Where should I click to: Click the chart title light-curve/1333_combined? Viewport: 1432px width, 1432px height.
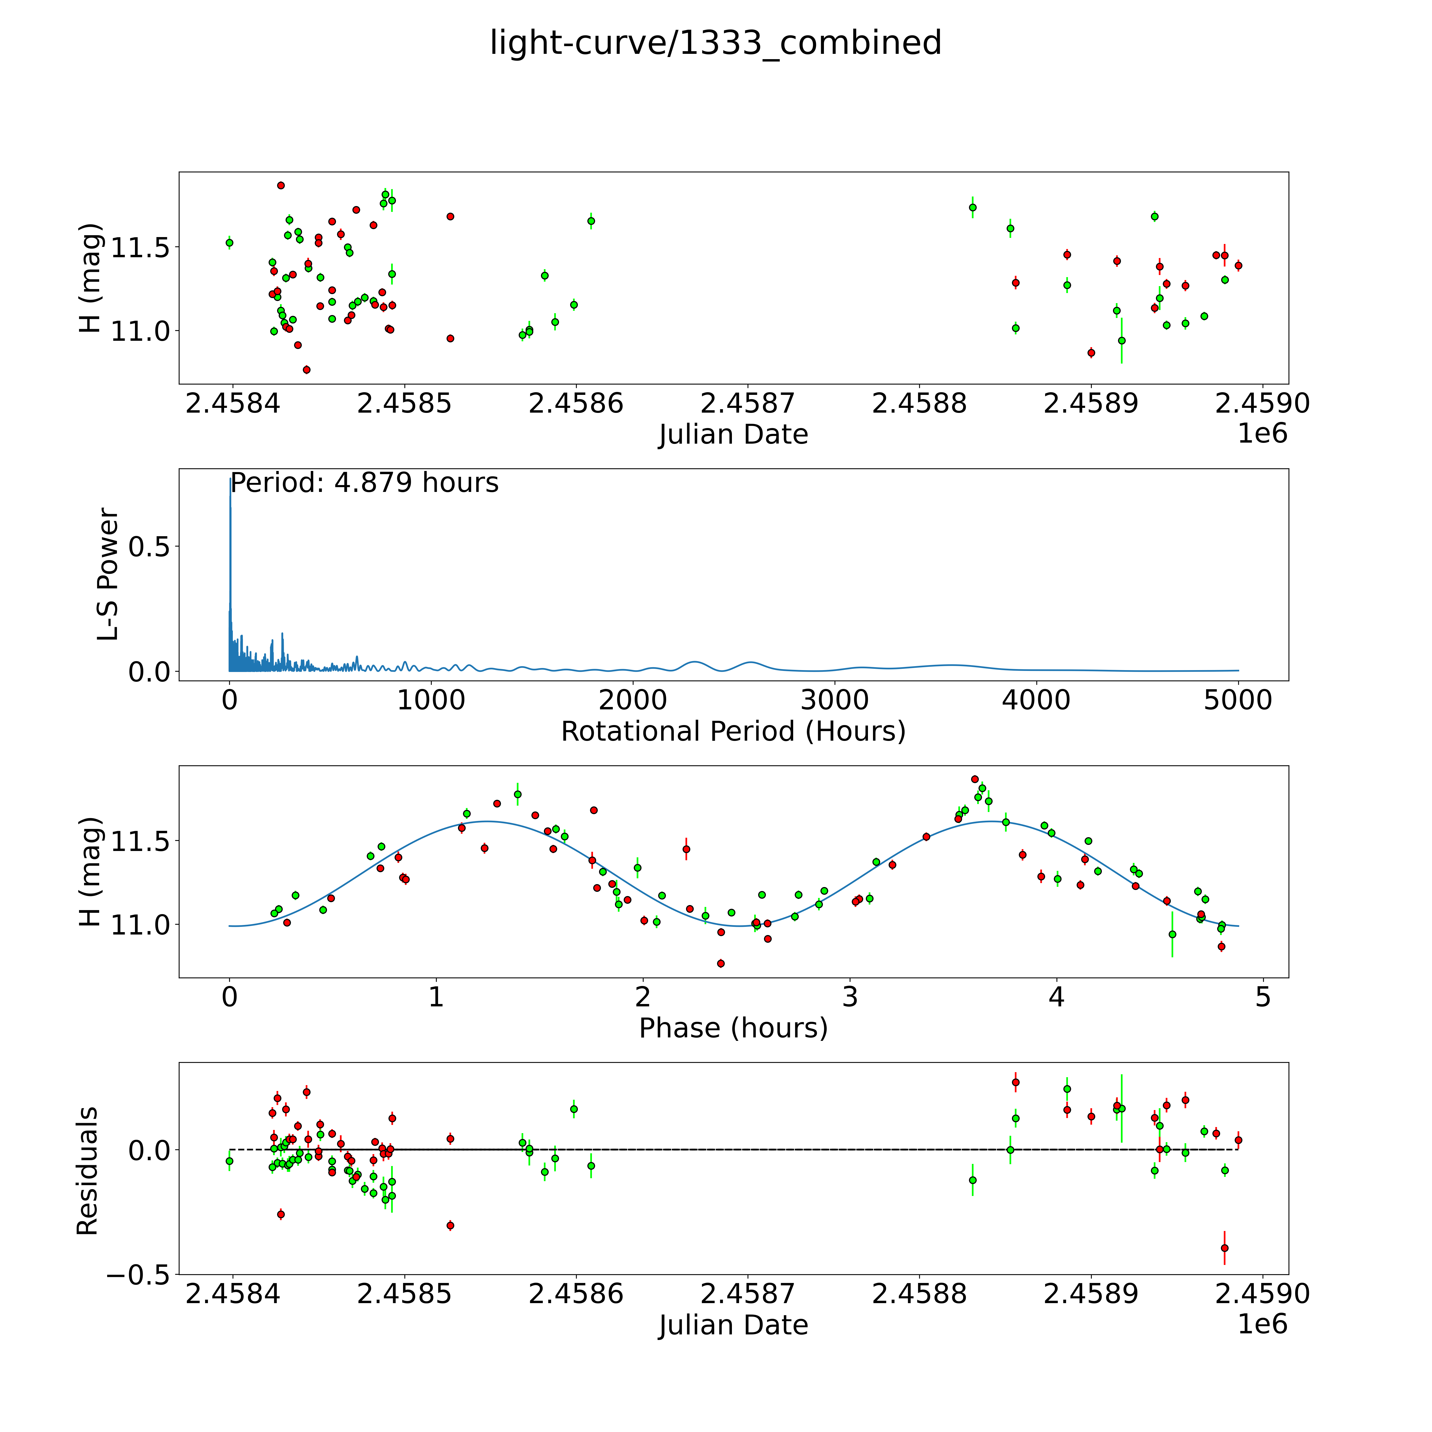[715, 43]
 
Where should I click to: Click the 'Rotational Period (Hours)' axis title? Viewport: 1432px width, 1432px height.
[733, 732]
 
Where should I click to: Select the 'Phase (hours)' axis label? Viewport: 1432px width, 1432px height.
[733, 1028]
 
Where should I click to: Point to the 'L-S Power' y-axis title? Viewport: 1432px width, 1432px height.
[108, 574]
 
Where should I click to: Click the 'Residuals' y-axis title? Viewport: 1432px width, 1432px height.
[88, 1171]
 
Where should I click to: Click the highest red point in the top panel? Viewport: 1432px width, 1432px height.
[281, 185]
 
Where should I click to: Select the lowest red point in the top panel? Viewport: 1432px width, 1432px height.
[306, 369]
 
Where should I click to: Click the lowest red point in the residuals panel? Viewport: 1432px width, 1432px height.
[1224, 1248]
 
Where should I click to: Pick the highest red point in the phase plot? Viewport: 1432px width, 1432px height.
[975, 779]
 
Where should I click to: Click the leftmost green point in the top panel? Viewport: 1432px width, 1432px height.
[230, 242]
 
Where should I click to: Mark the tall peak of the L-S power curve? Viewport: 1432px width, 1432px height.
[230, 480]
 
